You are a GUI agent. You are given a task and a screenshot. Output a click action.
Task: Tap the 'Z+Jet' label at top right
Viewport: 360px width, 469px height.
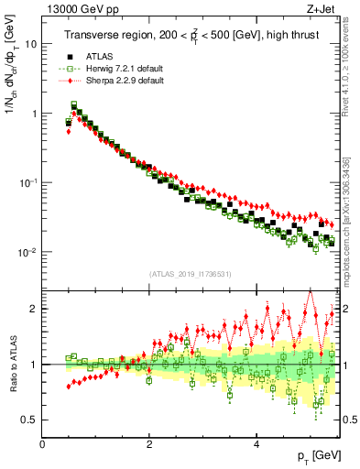322,8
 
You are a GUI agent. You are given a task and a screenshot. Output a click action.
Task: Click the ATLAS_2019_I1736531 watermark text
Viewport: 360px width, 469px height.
190,273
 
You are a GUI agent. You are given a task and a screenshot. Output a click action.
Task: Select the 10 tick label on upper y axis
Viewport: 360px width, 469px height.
31,44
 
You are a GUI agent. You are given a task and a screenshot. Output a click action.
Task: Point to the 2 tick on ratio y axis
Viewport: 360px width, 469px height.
35,309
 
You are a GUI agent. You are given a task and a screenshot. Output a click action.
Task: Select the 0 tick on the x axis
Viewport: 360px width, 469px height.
43,444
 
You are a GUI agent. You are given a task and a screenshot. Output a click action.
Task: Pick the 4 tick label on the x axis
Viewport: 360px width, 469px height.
256,444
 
